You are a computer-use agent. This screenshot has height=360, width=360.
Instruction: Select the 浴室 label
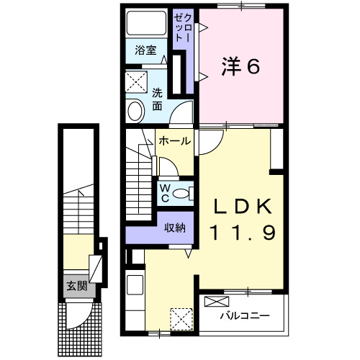(146, 50)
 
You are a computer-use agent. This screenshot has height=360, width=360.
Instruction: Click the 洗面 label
(157, 99)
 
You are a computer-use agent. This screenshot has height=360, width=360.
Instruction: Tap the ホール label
(175, 141)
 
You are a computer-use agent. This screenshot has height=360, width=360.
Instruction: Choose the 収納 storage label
(175, 228)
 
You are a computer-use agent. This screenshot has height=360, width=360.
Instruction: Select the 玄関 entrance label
(77, 286)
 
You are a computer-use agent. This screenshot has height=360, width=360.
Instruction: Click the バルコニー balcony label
(245, 315)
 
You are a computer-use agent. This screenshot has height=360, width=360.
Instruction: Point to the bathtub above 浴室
(146, 26)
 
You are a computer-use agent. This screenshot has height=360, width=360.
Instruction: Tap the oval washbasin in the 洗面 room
(135, 110)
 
